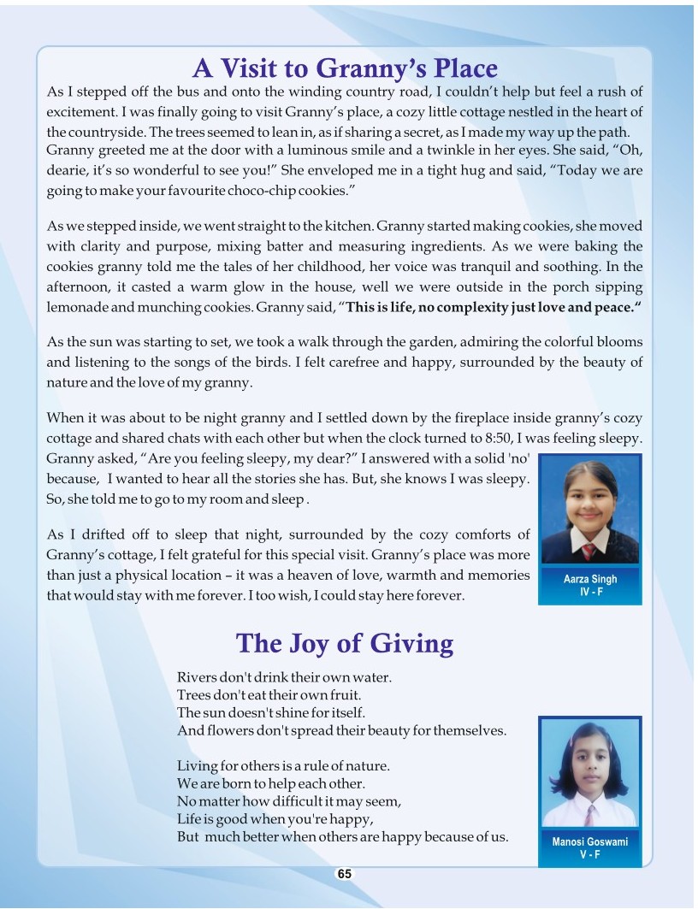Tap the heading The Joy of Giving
click(344, 642)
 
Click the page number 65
click(344, 874)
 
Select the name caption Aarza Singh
click(590, 579)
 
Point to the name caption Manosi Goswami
click(590, 841)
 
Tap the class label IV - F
click(590, 592)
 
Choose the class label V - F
click(590, 854)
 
